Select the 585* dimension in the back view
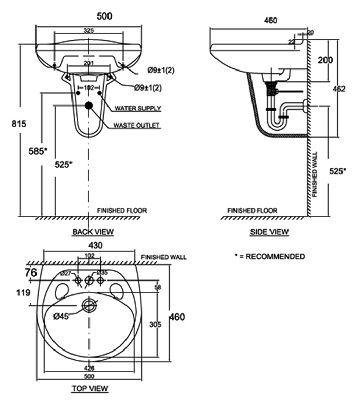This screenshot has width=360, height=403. coord(38,151)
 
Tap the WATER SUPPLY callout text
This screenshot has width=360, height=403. coord(138,108)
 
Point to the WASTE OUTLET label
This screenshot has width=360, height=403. coord(137,125)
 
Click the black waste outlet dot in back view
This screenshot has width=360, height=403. coord(89,106)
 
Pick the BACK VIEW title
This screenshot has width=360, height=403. coord(93,232)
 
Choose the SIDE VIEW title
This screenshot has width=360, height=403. coord(269,232)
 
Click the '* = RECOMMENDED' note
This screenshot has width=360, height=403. coord(269,256)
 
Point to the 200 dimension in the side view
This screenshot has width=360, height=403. coord(325,60)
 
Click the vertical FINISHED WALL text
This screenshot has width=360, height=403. coord(315,175)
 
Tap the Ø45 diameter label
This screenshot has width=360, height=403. coord(61,317)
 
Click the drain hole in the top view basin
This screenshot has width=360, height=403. coord(89,306)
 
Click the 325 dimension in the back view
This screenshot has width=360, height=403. coord(88,31)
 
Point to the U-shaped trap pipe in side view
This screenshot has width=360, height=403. coord(281,121)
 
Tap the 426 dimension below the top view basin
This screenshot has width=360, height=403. coord(89,368)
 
